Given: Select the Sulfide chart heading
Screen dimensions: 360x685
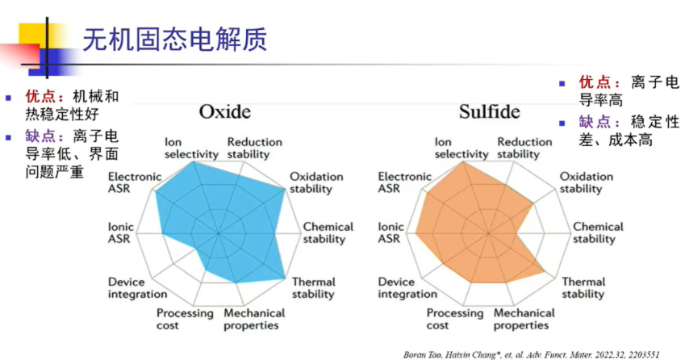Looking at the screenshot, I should tap(490, 112).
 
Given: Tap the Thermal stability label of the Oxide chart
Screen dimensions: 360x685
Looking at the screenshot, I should tap(313, 288).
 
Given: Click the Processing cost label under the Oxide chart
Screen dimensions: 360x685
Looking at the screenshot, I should tap(185, 319).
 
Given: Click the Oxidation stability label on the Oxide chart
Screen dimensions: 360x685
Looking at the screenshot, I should tap(315, 182).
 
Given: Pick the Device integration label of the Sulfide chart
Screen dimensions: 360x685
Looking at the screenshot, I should tap(407, 288).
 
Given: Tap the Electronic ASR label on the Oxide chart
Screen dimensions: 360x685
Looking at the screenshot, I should tap(135, 182).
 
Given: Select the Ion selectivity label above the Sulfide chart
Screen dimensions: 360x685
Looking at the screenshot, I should tap(462, 148).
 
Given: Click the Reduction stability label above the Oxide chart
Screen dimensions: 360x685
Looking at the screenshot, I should tap(254, 148).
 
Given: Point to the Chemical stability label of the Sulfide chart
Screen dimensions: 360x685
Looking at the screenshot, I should tap(598, 232).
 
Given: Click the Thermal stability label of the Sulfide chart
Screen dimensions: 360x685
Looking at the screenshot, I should tap(583, 288).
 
